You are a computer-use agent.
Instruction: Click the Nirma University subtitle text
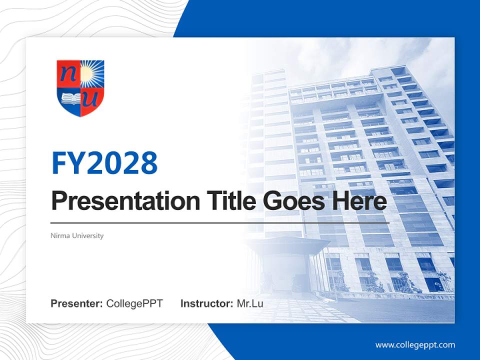coord(77,235)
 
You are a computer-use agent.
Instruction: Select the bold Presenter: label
coord(77,303)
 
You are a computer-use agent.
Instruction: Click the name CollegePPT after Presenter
coord(134,303)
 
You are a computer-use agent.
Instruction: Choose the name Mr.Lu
coord(249,303)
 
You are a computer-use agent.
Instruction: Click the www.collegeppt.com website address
coord(415,344)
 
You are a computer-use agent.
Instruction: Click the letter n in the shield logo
coord(67,74)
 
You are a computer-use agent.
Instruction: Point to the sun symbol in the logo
coord(93,73)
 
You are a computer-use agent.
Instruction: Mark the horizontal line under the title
coord(220,222)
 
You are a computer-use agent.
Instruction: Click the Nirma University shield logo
coord(80,88)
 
